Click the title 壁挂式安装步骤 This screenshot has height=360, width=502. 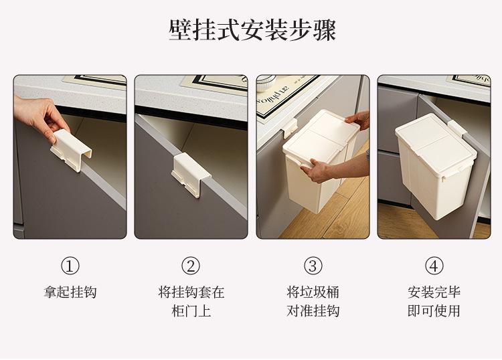click(x=252, y=30)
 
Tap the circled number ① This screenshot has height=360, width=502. click(x=70, y=266)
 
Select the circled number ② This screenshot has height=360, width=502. click(x=191, y=266)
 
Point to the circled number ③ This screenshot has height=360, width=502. click(x=313, y=266)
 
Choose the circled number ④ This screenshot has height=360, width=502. click(x=434, y=266)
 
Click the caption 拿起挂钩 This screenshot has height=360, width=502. click(x=70, y=292)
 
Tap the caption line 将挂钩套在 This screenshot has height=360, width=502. click(x=191, y=292)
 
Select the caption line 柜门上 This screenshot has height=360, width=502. click(x=191, y=310)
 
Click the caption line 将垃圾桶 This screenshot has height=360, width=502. click(x=313, y=292)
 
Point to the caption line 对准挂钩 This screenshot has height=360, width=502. click(x=313, y=310)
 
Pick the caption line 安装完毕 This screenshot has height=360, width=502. click(x=434, y=292)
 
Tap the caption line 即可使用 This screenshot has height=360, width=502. click(x=434, y=310)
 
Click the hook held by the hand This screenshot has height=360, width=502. click(x=70, y=149)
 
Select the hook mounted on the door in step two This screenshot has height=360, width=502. click(x=191, y=175)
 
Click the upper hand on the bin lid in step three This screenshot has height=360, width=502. click(x=358, y=120)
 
